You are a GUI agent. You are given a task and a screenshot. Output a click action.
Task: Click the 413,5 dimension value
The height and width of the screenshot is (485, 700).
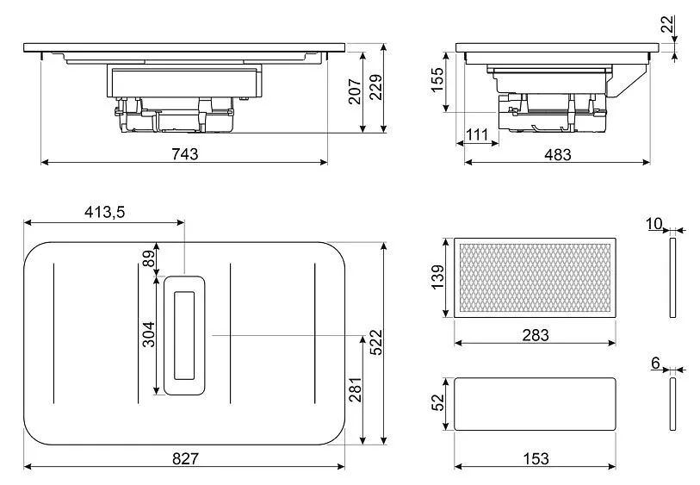104,213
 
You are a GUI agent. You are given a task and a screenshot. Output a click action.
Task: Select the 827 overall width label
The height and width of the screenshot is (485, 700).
185,458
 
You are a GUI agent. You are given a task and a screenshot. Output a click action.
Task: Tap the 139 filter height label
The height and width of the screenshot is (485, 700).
437,277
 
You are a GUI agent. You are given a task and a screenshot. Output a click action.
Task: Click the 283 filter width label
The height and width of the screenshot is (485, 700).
536,334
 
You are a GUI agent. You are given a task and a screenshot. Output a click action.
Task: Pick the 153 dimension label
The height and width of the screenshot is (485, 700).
536,458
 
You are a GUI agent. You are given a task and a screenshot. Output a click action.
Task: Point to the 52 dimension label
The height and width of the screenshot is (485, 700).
437,402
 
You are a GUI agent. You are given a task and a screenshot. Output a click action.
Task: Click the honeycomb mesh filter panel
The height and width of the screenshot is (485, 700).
536,277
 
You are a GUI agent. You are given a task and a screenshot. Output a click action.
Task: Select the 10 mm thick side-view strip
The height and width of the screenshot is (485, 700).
672,277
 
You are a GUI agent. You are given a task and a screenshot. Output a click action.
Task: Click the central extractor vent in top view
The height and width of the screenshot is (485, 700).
184,335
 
